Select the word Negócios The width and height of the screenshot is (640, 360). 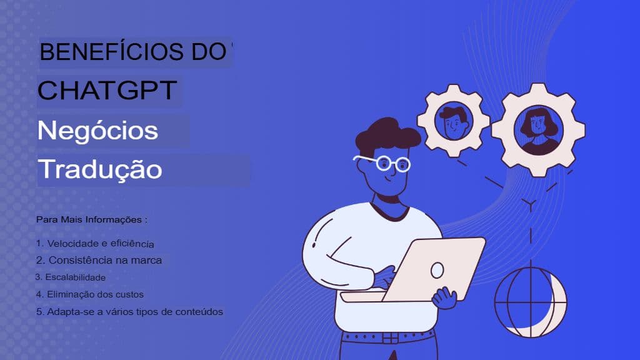click(97, 131)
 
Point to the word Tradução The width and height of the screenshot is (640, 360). click(100, 169)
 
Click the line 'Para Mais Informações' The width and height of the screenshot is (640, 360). click(92, 220)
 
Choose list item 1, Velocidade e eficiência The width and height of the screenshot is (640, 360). click(95, 242)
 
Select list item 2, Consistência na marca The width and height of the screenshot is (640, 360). click(99, 259)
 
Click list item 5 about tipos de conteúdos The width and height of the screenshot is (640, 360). click(130, 311)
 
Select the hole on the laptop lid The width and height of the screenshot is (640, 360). click(437, 270)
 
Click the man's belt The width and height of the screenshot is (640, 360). click(387, 337)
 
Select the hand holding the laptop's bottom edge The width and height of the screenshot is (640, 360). click(444, 297)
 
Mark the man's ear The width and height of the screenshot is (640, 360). click(363, 172)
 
